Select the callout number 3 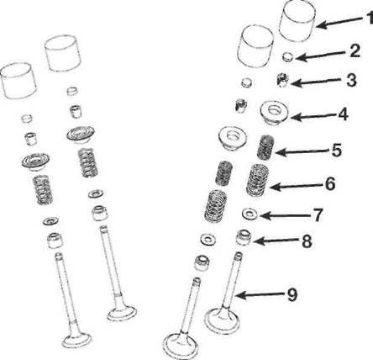point(351,80)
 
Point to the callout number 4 point(343,114)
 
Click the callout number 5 point(336,151)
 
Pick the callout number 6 point(330,183)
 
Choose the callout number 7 point(318,215)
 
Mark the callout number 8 point(307,241)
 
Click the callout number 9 point(292,295)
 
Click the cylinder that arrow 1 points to point(299,22)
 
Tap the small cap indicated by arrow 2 point(287,56)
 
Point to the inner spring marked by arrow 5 point(265,147)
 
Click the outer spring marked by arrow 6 point(258,179)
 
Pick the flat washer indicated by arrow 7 point(250,214)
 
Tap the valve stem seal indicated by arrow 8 point(244,237)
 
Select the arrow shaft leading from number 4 point(313,115)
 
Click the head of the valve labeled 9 point(223,321)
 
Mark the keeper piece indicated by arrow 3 point(282,80)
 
